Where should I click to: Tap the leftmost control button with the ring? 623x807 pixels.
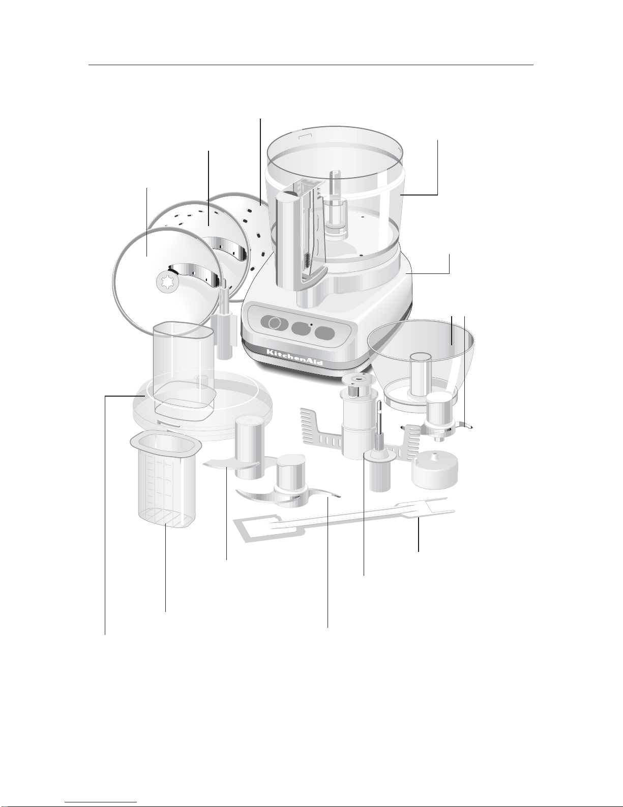(274, 323)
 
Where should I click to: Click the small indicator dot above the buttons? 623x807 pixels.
(311, 324)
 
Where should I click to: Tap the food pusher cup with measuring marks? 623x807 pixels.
(165, 479)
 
